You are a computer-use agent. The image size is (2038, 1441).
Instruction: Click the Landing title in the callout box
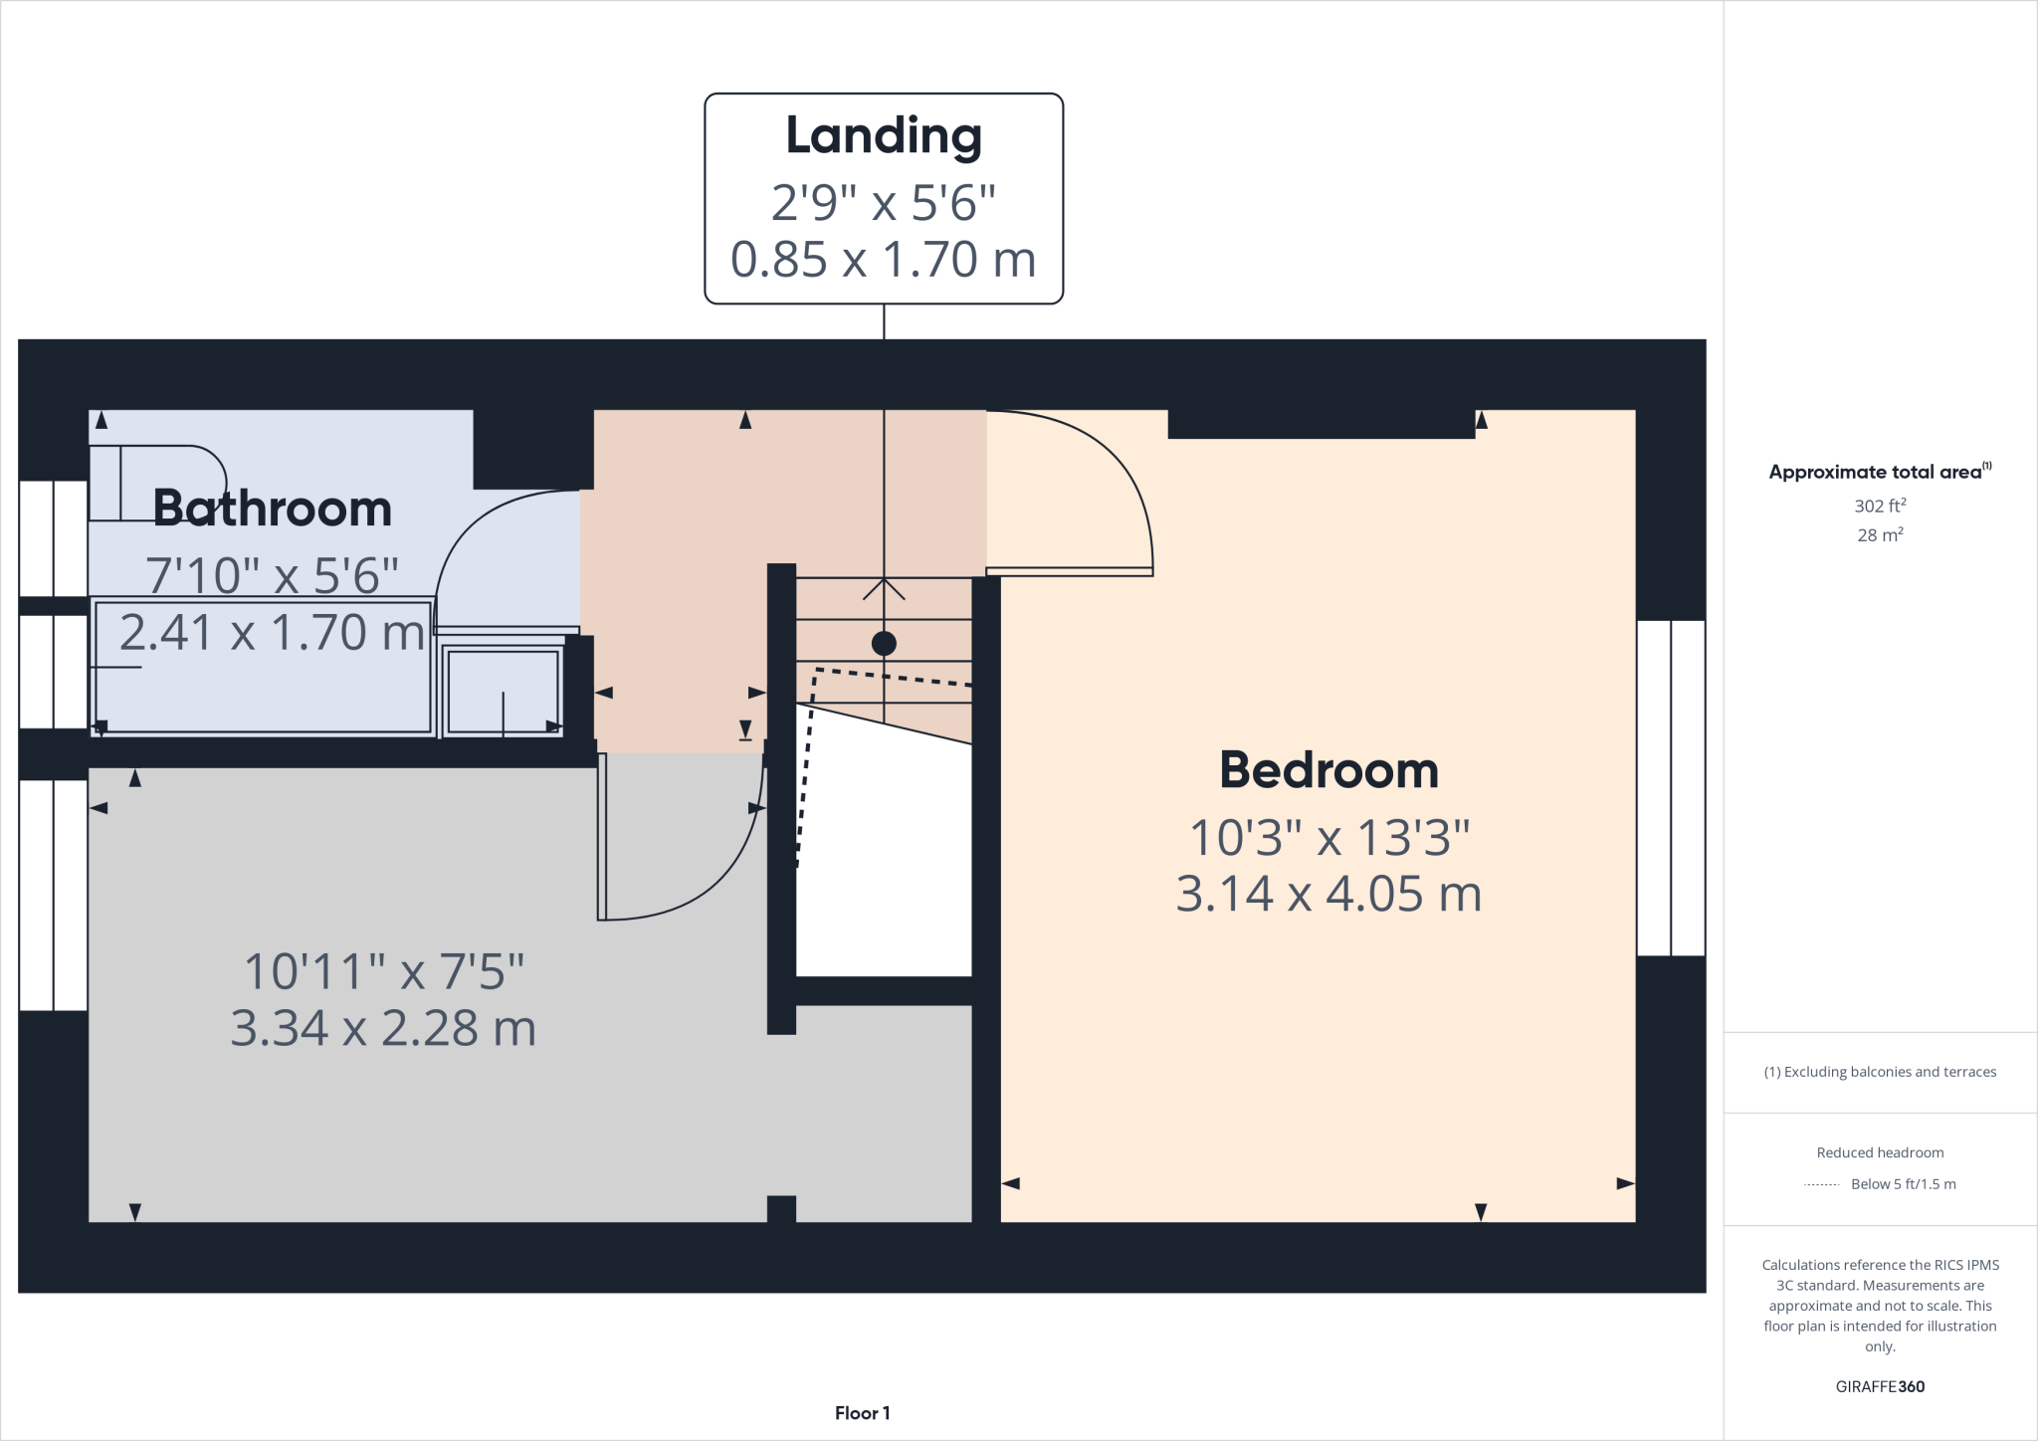(884, 136)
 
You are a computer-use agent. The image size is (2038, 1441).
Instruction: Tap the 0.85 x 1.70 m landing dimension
(884, 260)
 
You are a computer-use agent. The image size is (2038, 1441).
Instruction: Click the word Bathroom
(272, 509)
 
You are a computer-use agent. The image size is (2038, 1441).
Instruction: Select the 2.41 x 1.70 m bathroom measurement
(272, 633)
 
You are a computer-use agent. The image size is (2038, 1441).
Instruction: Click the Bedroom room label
(1328, 770)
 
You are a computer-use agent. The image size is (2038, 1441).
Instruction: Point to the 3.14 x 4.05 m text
(1328, 894)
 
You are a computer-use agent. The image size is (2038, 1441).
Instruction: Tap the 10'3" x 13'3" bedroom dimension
(1328, 838)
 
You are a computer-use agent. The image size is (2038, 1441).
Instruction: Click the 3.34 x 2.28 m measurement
(383, 1028)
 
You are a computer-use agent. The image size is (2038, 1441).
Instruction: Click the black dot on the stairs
(884, 644)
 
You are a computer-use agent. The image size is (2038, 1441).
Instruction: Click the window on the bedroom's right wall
(1671, 787)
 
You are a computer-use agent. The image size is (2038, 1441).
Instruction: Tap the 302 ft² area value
(1880, 506)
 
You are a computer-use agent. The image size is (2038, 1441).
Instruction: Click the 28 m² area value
(1880, 535)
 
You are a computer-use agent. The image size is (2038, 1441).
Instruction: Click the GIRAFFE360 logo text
(1880, 1386)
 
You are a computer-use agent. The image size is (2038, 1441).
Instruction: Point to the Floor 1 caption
(862, 1413)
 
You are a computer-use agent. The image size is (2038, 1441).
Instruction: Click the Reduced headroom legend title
(1880, 1152)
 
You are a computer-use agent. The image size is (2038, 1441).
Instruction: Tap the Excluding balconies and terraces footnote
(1880, 1072)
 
